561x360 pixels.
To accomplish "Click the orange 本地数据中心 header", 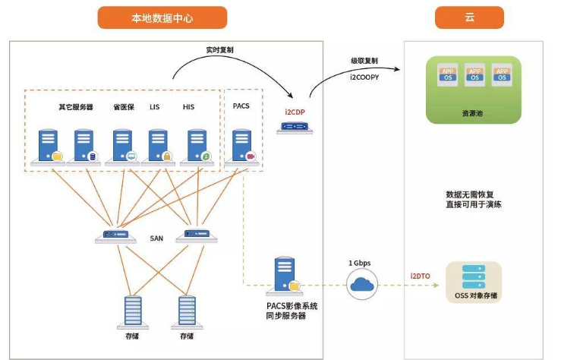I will coord(162,17).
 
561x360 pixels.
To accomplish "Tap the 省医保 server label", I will coord(123,107).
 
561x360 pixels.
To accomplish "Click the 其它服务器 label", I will coord(75,107).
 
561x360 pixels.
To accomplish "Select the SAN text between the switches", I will coord(156,238).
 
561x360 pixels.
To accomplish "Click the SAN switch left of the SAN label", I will coord(116,236).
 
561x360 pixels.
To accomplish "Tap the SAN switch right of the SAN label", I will coord(197,236).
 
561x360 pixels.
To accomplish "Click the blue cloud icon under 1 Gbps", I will coord(361,285).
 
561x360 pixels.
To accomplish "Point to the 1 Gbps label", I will coord(361,263).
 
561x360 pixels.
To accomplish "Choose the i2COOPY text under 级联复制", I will coord(365,74).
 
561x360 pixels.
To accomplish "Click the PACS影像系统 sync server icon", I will coord(285,276).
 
